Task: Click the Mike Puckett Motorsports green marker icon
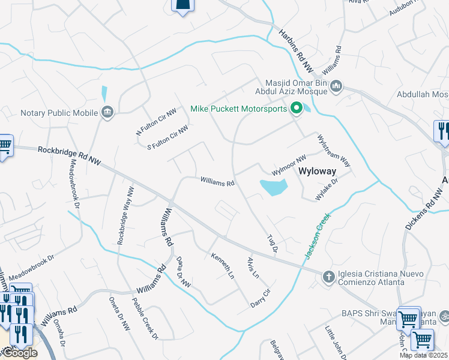point(296,109)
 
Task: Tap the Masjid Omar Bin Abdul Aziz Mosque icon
point(336,88)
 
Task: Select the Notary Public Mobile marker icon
point(108,112)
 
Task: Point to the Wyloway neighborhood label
point(317,172)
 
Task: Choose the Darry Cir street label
point(261,299)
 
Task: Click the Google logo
point(19,353)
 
